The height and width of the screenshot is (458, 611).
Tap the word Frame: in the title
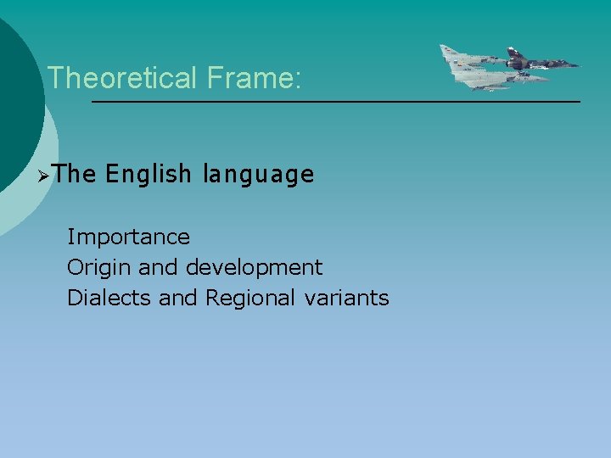coord(252,79)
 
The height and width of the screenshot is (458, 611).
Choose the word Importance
coord(128,237)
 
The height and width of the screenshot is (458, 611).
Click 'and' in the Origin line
coord(159,268)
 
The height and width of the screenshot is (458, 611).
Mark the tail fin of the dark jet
coord(513,53)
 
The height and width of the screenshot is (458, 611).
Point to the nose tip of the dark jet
coord(580,64)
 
